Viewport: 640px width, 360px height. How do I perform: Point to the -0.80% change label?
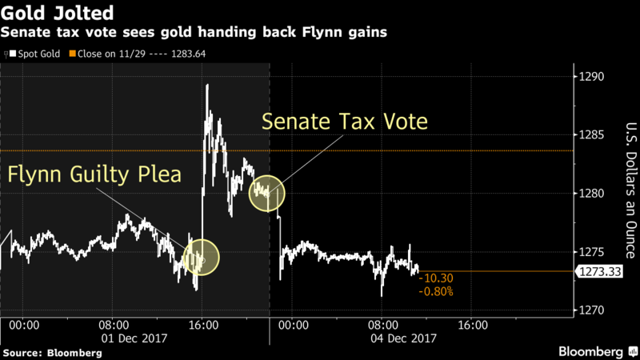[x=436, y=291]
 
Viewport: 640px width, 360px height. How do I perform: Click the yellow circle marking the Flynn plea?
[x=201, y=258]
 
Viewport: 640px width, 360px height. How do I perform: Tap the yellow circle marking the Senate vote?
[x=266, y=192]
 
